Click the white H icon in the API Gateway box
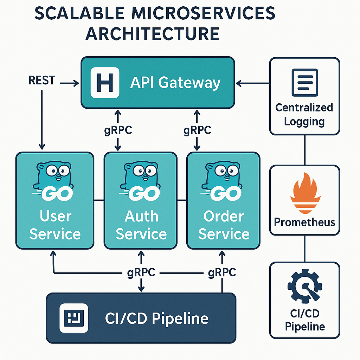click(105, 83)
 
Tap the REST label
click(42, 81)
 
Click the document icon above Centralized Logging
click(305, 83)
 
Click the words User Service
click(55, 225)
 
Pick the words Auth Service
click(141, 225)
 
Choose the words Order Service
click(224, 225)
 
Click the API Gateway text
click(175, 83)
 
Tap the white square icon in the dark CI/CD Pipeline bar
click(73, 319)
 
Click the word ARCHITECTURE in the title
click(153, 34)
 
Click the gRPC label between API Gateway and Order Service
click(197, 130)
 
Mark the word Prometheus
click(304, 222)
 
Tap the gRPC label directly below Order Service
click(222, 272)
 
